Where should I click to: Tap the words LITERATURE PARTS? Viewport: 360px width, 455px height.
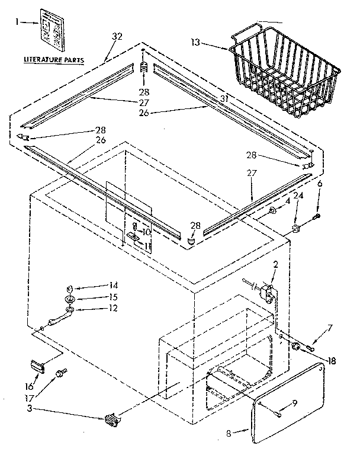53,60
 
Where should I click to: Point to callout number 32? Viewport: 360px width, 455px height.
117,37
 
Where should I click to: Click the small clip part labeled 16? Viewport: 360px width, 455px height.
37,366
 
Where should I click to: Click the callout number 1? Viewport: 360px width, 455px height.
18,22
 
